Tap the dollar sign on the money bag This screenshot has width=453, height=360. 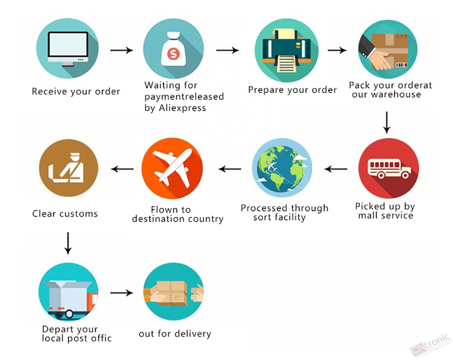tap(173, 54)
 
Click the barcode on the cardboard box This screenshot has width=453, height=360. tap(401, 65)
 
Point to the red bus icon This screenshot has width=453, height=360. tap(389, 168)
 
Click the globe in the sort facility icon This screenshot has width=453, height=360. tap(281, 168)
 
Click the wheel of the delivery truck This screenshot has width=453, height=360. tap(69, 313)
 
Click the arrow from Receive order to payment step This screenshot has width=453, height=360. tap(121, 50)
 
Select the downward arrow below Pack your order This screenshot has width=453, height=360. tap(386, 122)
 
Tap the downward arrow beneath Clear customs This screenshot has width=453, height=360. tap(68, 243)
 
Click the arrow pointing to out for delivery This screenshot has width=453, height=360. tap(121, 293)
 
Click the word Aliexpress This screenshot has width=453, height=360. tap(183, 108)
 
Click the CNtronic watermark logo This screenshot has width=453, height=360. tap(430, 345)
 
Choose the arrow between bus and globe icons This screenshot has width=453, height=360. tap(336, 169)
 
